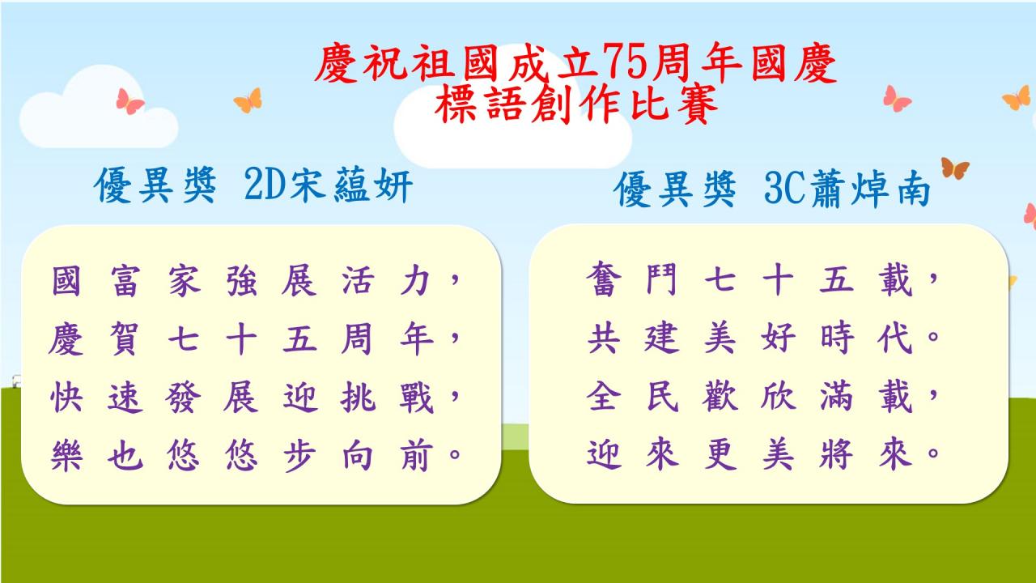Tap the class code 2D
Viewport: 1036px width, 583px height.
click(262, 185)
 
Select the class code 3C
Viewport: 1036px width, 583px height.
click(784, 189)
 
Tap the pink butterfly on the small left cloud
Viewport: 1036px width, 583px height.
click(129, 101)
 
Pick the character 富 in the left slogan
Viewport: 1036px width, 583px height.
click(125, 281)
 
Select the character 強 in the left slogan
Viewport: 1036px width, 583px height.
click(241, 281)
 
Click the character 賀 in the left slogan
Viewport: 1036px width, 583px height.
click(125, 339)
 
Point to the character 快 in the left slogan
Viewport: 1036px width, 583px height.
click(66, 397)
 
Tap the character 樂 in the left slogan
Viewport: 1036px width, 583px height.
click(66, 455)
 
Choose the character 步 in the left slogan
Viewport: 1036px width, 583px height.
click(299, 455)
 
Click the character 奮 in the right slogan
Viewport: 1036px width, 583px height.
click(603, 279)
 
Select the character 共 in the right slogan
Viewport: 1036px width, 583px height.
click(603, 338)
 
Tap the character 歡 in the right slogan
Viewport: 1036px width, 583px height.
click(720, 396)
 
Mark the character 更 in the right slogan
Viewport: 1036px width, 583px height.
click(720, 454)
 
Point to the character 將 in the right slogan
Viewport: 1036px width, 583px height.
click(836, 454)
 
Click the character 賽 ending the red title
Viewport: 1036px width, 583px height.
click(698, 104)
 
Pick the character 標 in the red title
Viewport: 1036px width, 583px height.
click(455, 104)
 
